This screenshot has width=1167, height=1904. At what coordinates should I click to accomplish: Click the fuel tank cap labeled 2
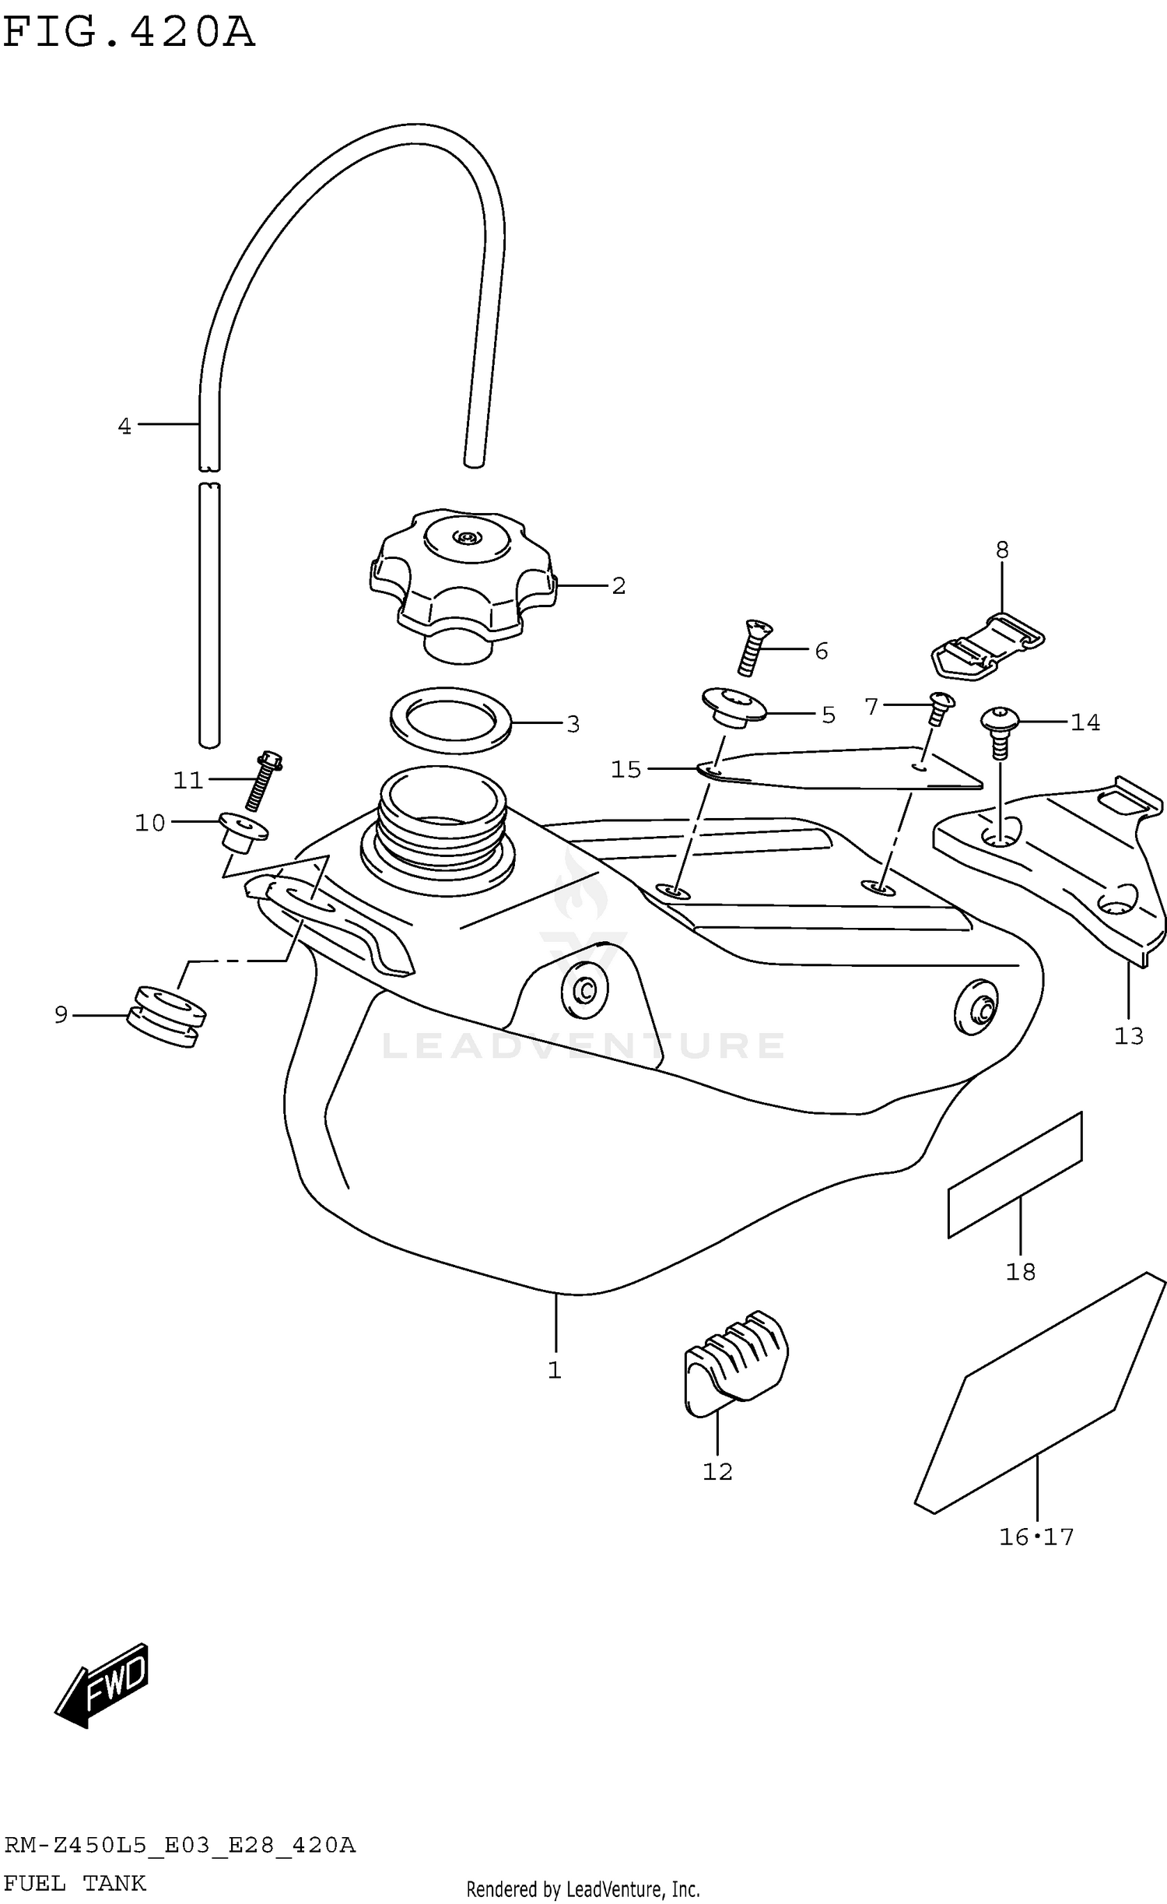pyautogui.click(x=462, y=580)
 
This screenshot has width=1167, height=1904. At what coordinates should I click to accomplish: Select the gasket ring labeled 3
pyautogui.click(x=450, y=719)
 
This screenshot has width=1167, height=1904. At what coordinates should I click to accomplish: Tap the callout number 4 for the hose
pyautogui.click(x=124, y=427)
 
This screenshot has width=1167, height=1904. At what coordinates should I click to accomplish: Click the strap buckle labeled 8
pyautogui.click(x=987, y=646)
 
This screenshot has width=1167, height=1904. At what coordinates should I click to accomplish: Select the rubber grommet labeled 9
pyautogui.click(x=166, y=1017)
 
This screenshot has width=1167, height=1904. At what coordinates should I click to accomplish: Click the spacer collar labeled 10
pyautogui.click(x=242, y=833)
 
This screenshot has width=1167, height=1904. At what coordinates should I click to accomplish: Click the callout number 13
pyautogui.click(x=1128, y=1036)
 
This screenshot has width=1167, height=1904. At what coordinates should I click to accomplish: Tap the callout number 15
pyautogui.click(x=626, y=770)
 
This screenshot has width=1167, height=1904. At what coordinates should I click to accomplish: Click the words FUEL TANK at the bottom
pyautogui.click(x=75, y=1884)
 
